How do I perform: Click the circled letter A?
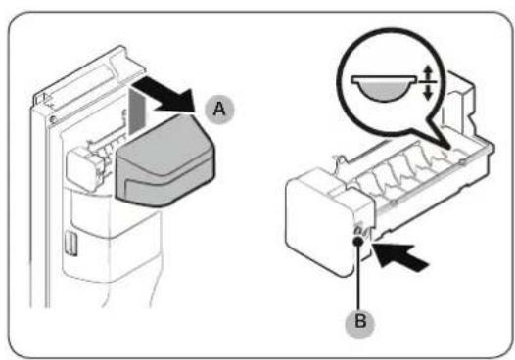pos(219,109)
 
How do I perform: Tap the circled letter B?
pos(360,321)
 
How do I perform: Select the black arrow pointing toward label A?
pos(165,97)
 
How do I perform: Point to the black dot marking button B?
pos(358,241)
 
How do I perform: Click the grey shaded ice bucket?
pos(164,160)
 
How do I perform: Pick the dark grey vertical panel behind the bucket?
pos(137,112)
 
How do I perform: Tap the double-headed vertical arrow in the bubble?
pos(428,82)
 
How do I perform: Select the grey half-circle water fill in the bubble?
pos(383,91)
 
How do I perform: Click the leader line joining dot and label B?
pos(358,276)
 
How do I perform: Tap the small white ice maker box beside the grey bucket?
pos(82,168)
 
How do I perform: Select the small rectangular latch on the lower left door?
pos(71,243)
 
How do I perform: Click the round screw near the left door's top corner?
pos(52,119)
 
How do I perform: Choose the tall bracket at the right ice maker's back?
pos(460,103)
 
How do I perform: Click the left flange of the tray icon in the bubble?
pos(356,79)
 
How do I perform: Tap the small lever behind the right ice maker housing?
pos(340,159)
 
